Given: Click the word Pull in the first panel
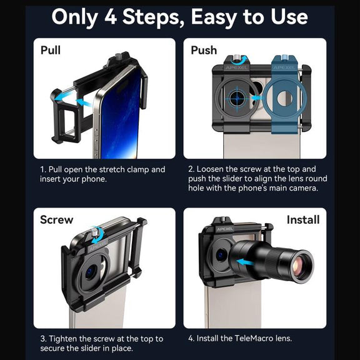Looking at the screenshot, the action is [x=51, y=50].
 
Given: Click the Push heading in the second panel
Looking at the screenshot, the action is [x=204, y=50].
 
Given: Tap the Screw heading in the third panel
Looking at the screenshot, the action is [x=57, y=220].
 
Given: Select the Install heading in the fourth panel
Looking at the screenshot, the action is [x=303, y=220].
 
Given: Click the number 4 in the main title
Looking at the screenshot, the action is [x=111, y=17].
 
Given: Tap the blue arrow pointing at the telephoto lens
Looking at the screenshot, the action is [x=246, y=262].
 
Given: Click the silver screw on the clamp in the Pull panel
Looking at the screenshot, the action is [x=118, y=56].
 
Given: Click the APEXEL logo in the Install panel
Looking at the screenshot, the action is [x=225, y=229].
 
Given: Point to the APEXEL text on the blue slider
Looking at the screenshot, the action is [x=284, y=67].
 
